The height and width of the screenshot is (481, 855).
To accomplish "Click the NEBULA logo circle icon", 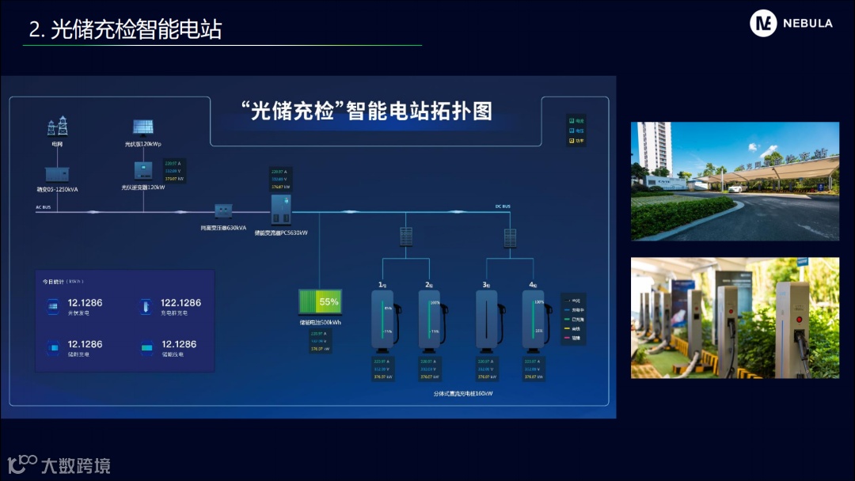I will [764, 24].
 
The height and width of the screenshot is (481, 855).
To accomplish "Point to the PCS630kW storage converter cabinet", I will [281, 209].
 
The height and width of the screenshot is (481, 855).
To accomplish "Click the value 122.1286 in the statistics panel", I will [180, 303].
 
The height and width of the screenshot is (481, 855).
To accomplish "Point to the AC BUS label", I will [44, 206].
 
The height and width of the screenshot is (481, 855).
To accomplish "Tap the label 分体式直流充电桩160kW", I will [463, 393].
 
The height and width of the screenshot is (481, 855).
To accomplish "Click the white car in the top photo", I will [735, 188].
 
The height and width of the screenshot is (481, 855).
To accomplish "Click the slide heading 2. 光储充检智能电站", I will [125, 29].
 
